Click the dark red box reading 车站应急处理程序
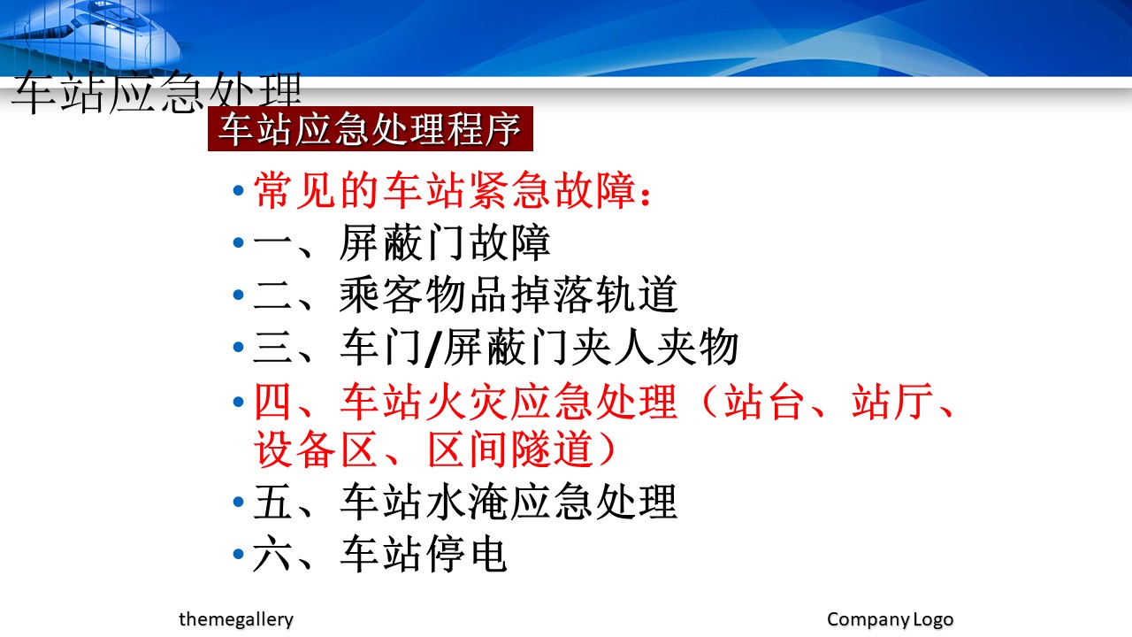371,128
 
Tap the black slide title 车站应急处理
157,93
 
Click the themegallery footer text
236,619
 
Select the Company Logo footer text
890,619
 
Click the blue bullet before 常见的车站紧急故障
239,190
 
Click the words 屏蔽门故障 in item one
445,243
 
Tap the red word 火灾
466,403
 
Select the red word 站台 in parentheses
764,403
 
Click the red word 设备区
317,449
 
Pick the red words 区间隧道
510,449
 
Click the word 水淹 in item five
466,502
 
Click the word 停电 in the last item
466,555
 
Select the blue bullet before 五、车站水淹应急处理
239,502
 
